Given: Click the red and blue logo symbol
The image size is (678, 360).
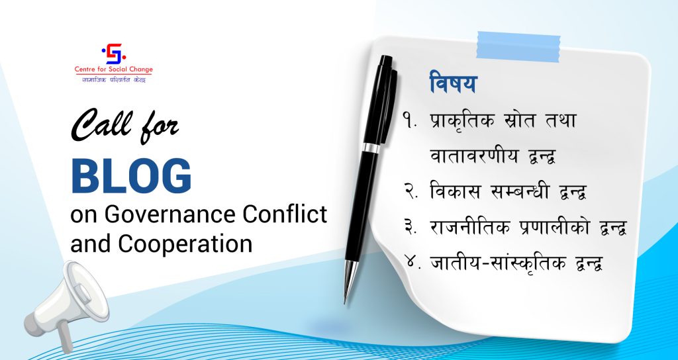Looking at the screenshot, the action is coord(114,54).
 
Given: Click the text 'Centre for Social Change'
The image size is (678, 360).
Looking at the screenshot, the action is coord(114,69).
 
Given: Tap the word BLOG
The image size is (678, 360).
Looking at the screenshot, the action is coord(131,176).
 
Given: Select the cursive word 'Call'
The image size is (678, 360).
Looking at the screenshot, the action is coord(101,124).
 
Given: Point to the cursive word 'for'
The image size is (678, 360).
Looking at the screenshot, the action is coord(159,128).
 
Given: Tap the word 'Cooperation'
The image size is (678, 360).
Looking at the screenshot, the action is coord(185,244).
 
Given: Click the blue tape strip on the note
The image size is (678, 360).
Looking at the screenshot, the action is coord(518,47).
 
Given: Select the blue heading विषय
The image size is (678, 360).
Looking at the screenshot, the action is coord(453,83).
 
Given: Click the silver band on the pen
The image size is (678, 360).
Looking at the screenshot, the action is coord(371,148).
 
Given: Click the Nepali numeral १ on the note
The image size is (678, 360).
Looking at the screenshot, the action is coord(409,120).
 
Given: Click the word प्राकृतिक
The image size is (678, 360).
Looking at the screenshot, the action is coord(461,120).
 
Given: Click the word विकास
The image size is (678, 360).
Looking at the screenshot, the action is coord(455,191).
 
